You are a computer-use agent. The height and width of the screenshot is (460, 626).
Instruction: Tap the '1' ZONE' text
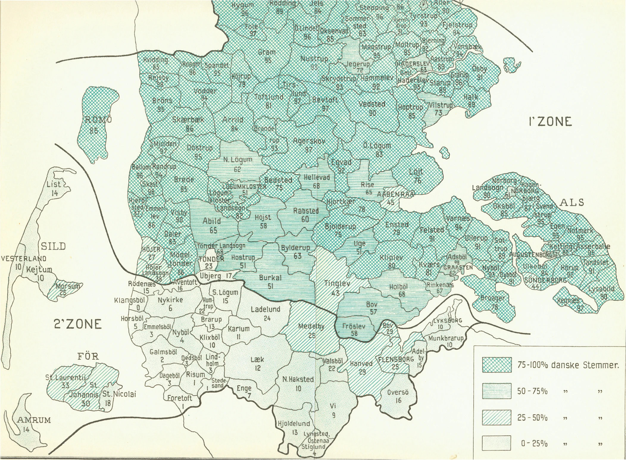tap(550, 122)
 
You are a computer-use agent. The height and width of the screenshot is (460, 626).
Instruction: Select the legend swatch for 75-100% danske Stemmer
tap(497, 365)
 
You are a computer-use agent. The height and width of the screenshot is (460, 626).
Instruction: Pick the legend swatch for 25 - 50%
tap(497, 417)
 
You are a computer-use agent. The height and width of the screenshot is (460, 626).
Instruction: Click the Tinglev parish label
tap(337, 284)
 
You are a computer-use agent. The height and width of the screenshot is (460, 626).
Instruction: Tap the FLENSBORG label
tap(396, 359)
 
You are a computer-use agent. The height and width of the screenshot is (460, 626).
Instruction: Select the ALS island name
tap(572, 203)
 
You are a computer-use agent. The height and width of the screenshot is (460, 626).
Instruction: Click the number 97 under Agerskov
tap(309, 150)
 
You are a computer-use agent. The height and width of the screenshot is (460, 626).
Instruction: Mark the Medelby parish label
tap(311, 326)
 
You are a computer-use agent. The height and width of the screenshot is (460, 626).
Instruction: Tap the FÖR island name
tap(88, 356)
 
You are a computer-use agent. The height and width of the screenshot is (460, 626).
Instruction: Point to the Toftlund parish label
tap(269, 97)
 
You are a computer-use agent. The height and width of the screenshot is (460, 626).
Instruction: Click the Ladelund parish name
tap(266, 309)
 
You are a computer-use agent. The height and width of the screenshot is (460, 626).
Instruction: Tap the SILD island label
tap(53, 246)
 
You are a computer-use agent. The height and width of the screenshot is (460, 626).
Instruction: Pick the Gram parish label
tap(267, 52)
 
